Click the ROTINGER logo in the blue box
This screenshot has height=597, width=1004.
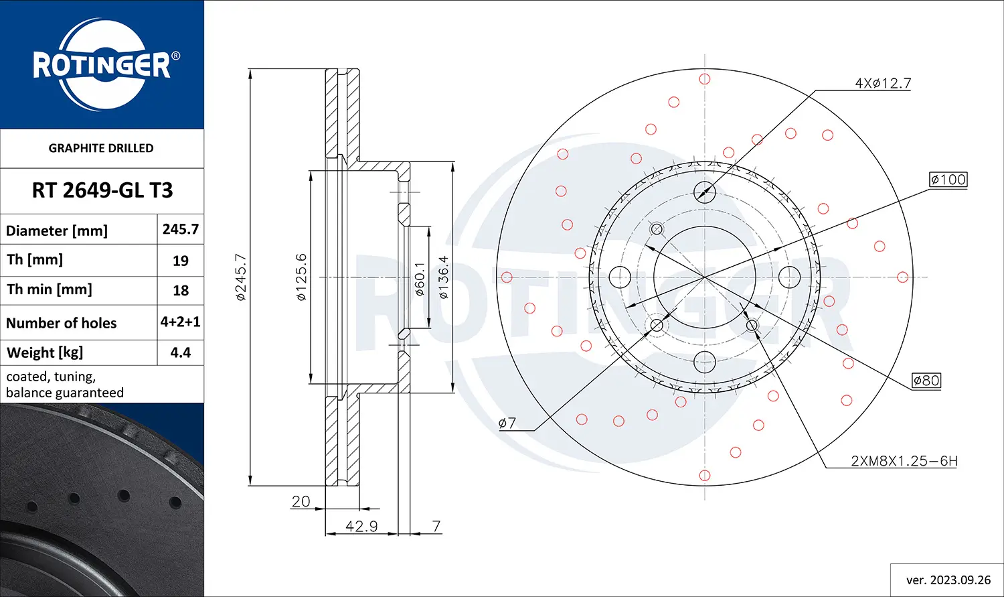point(102,65)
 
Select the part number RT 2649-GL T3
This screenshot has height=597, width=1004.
point(102,190)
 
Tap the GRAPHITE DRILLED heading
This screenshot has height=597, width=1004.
point(101,148)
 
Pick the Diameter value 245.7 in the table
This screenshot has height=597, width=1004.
point(181,229)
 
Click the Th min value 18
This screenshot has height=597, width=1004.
point(181,290)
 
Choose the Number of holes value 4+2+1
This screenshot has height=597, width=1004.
point(181,322)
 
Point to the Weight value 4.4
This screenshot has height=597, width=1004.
point(181,352)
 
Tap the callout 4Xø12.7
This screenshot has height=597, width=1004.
point(883,83)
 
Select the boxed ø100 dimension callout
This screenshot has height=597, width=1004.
point(948,180)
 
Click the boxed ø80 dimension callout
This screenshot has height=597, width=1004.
point(926,381)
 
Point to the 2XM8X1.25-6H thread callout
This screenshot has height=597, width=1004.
point(904,461)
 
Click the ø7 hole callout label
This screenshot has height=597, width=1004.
point(507,423)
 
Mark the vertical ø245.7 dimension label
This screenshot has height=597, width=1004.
point(241,277)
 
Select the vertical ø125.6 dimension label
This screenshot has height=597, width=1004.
point(301,277)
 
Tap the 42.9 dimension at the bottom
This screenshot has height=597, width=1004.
point(361,527)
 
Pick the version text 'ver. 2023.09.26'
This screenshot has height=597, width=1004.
point(948,580)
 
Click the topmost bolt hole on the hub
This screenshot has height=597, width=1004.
point(705,192)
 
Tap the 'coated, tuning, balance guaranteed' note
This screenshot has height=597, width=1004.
point(65,385)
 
